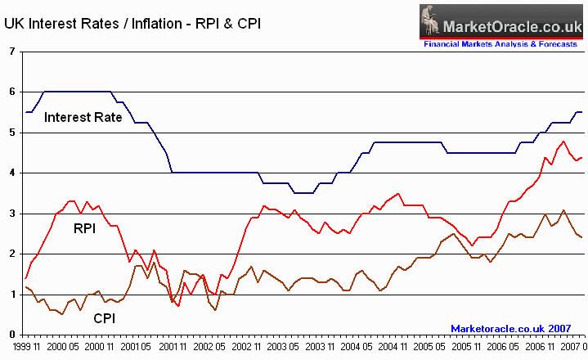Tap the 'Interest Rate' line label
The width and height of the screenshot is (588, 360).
pyautogui.click(x=83, y=117)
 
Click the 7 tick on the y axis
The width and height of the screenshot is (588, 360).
pyautogui.click(x=11, y=52)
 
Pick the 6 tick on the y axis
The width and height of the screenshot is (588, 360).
pyautogui.click(x=11, y=92)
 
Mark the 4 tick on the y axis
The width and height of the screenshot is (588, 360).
pyautogui.click(x=11, y=173)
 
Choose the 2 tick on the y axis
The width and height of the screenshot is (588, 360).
pyautogui.click(x=11, y=254)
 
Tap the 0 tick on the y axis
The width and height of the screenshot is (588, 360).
pyautogui.click(x=11, y=334)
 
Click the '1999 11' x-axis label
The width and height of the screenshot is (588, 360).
pyautogui.click(x=24, y=347)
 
